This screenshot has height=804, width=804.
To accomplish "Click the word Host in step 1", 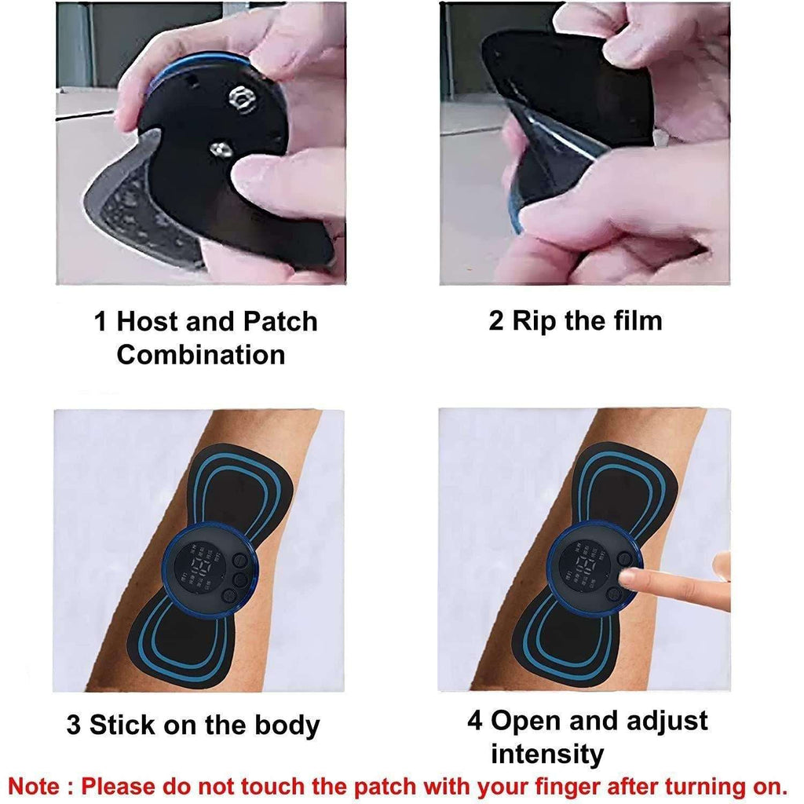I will pos(153,322).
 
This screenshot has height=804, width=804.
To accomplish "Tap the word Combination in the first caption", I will pos(201,355).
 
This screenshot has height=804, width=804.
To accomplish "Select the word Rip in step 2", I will pos(536,321).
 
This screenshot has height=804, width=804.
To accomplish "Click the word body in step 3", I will pos(288,725).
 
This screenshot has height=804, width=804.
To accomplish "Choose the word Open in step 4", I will pos(526,721).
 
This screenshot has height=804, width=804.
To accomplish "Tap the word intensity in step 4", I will pos(547,755).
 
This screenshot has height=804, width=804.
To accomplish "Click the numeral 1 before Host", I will pos(100,322).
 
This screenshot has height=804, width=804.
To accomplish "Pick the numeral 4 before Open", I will pos(475,721).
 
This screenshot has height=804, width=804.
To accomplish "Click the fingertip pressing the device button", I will pos(629,579).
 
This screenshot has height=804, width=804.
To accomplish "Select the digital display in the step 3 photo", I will pos(193,567).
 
